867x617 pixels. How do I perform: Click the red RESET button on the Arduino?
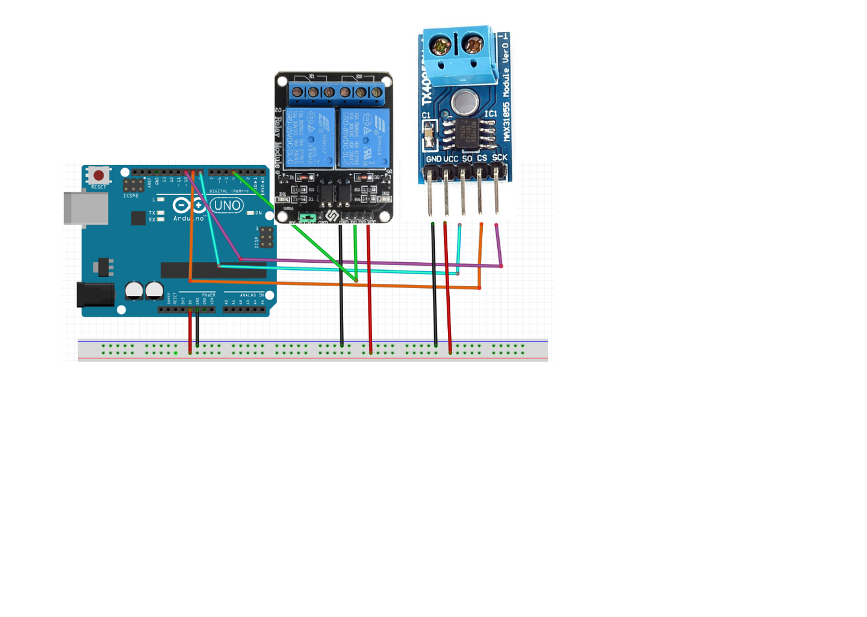(99, 175)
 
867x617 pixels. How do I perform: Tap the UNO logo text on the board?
(227, 205)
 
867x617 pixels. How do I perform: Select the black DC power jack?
(95, 295)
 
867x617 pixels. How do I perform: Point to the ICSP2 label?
(131, 196)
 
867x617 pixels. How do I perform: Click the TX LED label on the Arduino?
(152, 213)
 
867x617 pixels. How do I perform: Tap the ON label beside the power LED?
(258, 213)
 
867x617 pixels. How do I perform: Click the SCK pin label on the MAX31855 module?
(499, 158)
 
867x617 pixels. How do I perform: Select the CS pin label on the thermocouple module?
(482, 158)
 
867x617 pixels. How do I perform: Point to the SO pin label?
(467, 158)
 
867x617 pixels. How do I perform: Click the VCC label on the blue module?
(450, 159)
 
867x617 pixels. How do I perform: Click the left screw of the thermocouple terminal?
(441, 45)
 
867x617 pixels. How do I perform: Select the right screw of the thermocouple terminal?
(474, 44)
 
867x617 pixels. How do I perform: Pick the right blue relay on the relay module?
(364, 138)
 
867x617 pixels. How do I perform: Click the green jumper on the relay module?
(307, 217)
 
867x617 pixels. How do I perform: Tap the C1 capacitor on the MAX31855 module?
(429, 134)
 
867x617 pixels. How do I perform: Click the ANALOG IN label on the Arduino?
(251, 295)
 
